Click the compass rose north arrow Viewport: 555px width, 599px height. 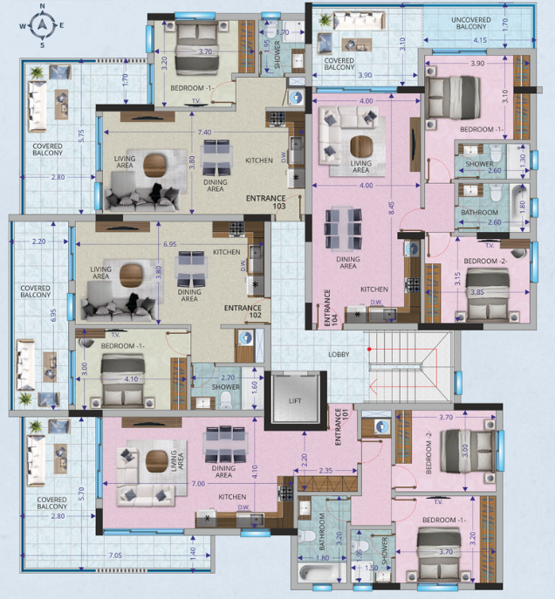[x=42, y=24]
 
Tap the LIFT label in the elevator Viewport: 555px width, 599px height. [x=295, y=401]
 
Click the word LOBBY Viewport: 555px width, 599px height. [x=339, y=355]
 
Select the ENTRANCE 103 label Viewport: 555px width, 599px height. [x=266, y=202]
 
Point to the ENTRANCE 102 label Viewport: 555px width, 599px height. [x=243, y=311]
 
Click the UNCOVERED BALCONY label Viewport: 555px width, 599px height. [x=471, y=24]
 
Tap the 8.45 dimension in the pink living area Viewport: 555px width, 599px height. [x=391, y=208]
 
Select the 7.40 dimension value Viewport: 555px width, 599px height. [x=204, y=133]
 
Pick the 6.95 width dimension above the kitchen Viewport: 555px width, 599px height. [x=170, y=244]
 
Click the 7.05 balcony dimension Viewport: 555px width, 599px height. [x=115, y=555]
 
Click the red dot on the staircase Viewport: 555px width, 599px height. [x=369, y=349]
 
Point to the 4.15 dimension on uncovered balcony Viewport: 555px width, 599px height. [x=480, y=40]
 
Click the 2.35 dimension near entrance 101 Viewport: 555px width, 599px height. [x=325, y=470]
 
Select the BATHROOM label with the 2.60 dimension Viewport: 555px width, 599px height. [x=479, y=213]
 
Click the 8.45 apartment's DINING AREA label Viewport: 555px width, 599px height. [x=348, y=262]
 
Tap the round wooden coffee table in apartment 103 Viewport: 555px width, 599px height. [x=154, y=165]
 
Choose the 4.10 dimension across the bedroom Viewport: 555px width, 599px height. [x=131, y=379]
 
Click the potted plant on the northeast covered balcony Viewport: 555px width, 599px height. [x=325, y=19]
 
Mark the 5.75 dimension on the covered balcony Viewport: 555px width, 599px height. [x=81, y=136]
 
